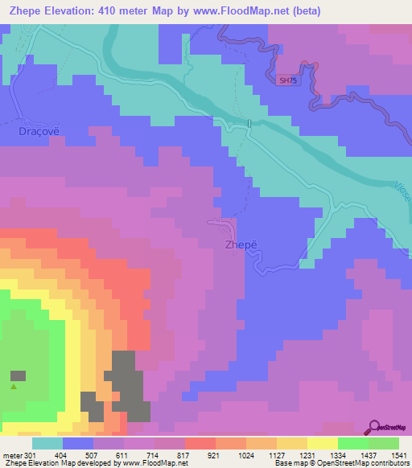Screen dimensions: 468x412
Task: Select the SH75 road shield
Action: pyautogui.click(x=286, y=80)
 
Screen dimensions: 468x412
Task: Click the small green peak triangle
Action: pyautogui.click(x=14, y=386)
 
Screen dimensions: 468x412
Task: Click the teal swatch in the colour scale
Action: pyautogui.click(x=47, y=443)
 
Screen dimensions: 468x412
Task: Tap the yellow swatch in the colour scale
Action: pyautogui.click(x=322, y=443)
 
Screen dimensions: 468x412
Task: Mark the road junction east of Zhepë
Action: pyautogui.click(x=309, y=248)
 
